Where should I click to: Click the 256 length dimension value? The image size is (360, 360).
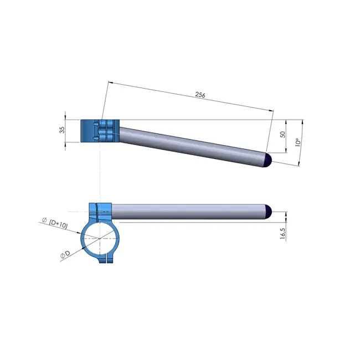coord(200,95)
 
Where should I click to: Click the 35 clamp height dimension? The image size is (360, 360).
coord(62,130)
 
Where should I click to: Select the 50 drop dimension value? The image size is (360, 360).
coord(282,135)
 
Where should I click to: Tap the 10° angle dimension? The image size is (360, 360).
coord(297,142)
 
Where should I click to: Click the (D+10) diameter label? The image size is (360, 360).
coord(58,224)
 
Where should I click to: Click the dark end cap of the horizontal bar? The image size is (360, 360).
coord(269,211)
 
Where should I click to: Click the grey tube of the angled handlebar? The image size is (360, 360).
coord(188,145)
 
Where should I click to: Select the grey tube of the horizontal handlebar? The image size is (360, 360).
coord(188,211)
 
